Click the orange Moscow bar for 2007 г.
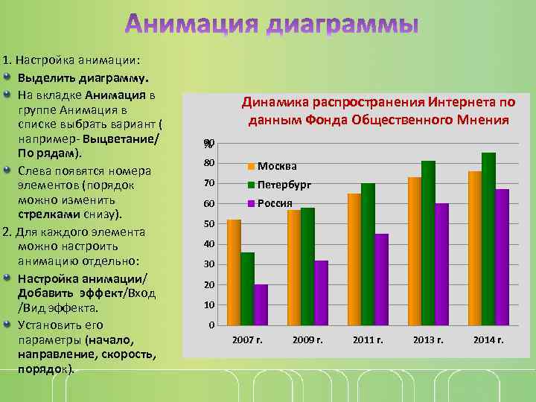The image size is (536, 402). (x=234, y=272)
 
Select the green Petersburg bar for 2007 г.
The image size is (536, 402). (x=247, y=289)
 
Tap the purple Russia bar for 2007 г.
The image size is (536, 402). (x=261, y=305)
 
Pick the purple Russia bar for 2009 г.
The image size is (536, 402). (x=321, y=293)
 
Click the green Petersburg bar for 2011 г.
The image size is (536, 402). (x=368, y=254)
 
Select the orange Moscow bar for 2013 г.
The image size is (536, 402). (x=415, y=251)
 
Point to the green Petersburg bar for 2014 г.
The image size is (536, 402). (x=488, y=239)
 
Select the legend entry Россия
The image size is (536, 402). (x=275, y=203)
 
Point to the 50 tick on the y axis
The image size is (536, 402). (x=210, y=224)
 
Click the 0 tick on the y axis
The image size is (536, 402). (x=212, y=325)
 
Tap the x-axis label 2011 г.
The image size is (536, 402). (x=368, y=340)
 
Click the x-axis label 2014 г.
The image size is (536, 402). (x=489, y=340)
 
